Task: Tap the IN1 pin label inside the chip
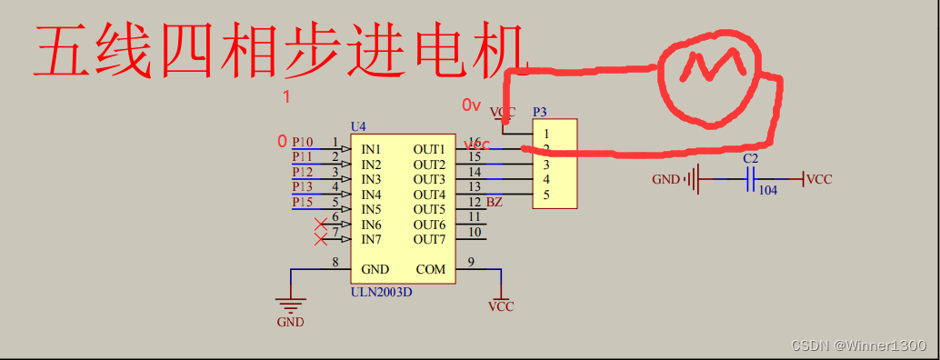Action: point(371,149)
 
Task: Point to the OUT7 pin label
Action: point(429,239)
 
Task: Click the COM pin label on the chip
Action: point(431,269)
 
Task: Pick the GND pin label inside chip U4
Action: point(375,269)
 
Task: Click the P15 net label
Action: point(302,202)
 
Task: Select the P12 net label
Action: point(302,172)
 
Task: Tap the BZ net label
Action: point(495,202)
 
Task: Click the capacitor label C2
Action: point(750,158)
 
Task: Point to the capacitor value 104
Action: point(767,191)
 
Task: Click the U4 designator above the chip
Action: point(358,125)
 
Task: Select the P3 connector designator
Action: point(540,112)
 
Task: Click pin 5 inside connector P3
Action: point(546,195)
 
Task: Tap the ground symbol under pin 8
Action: point(291,305)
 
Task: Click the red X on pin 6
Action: point(320,224)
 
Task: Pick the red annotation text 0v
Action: point(471,105)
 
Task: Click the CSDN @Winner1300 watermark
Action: point(858,345)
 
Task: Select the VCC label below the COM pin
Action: point(500,306)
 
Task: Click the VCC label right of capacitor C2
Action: point(819,180)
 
